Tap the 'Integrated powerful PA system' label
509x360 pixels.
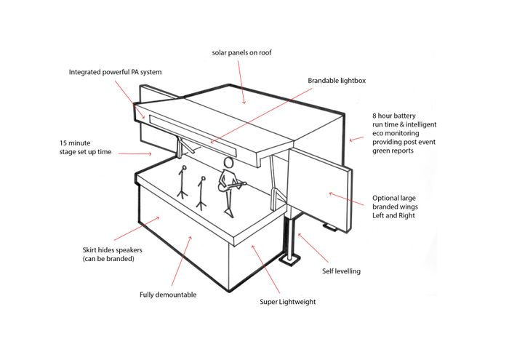(x=115, y=72)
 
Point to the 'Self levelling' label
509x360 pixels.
(x=341, y=271)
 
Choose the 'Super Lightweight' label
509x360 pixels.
(x=289, y=301)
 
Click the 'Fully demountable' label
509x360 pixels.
(x=168, y=295)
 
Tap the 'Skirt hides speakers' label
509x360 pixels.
(x=112, y=254)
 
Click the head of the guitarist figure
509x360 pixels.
(x=229, y=162)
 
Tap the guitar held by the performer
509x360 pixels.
(x=234, y=187)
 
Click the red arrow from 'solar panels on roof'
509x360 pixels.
(x=241, y=83)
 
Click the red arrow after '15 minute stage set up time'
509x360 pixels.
(x=134, y=154)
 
